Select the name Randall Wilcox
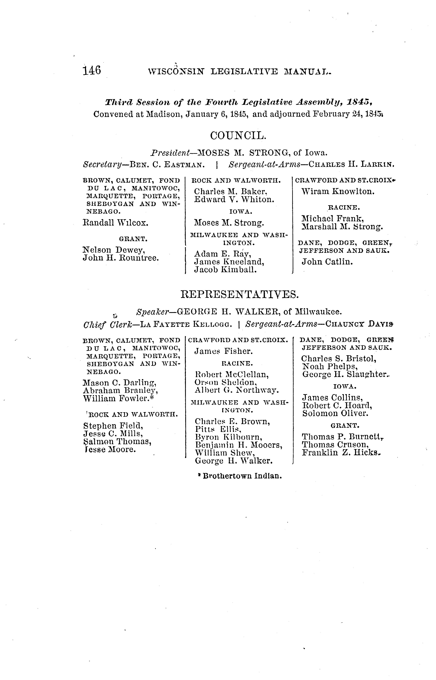[x=115, y=223]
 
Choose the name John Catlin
[x=327, y=262]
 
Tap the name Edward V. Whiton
[x=234, y=200]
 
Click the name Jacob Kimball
[x=225, y=270]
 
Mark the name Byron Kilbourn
[x=227, y=437]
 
